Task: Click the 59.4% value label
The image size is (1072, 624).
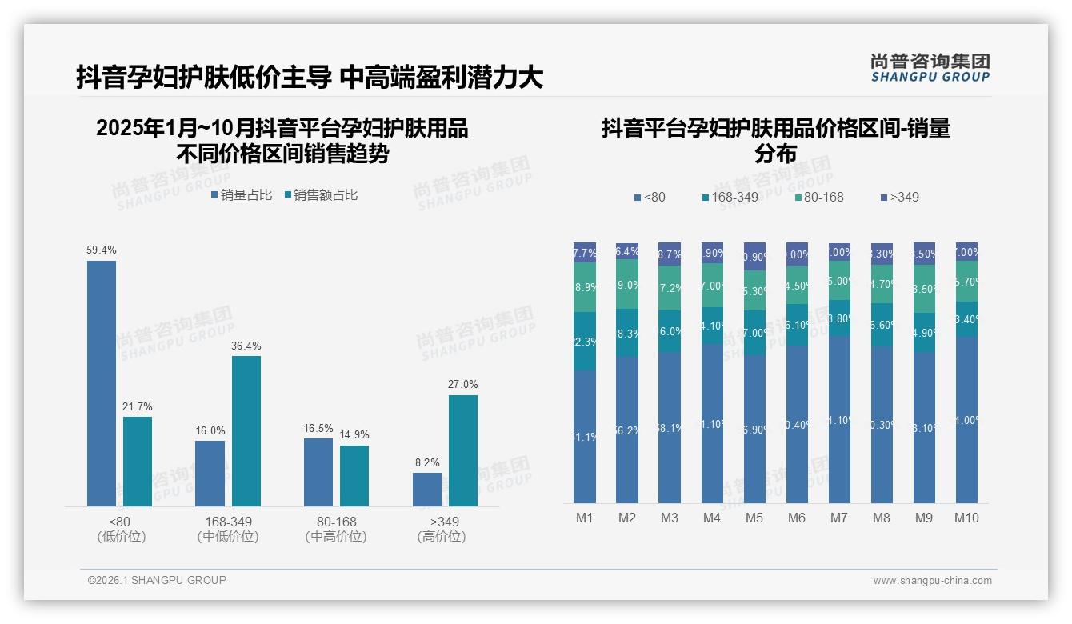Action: [102, 250]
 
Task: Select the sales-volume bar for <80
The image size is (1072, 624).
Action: [102, 384]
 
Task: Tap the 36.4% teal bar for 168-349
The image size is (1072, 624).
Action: [246, 431]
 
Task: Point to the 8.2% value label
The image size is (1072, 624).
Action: [427, 462]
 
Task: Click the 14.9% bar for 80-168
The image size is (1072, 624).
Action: [354, 476]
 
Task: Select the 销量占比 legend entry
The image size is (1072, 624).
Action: [242, 195]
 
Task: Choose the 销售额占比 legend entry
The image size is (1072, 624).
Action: [321, 195]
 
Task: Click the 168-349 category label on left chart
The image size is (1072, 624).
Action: [228, 522]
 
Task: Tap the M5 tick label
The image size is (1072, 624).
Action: [754, 518]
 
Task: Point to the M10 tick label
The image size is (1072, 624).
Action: [966, 518]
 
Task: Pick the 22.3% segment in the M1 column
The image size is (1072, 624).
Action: [585, 341]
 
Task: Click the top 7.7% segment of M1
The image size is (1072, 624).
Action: [585, 252]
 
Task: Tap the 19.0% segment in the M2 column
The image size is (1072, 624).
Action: [627, 284]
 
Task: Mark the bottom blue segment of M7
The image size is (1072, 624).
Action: [839, 419]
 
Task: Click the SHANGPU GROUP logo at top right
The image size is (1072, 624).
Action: [930, 67]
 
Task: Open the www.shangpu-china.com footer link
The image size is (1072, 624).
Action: [932, 581]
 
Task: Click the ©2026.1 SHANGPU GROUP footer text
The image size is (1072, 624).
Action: [157, 580]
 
